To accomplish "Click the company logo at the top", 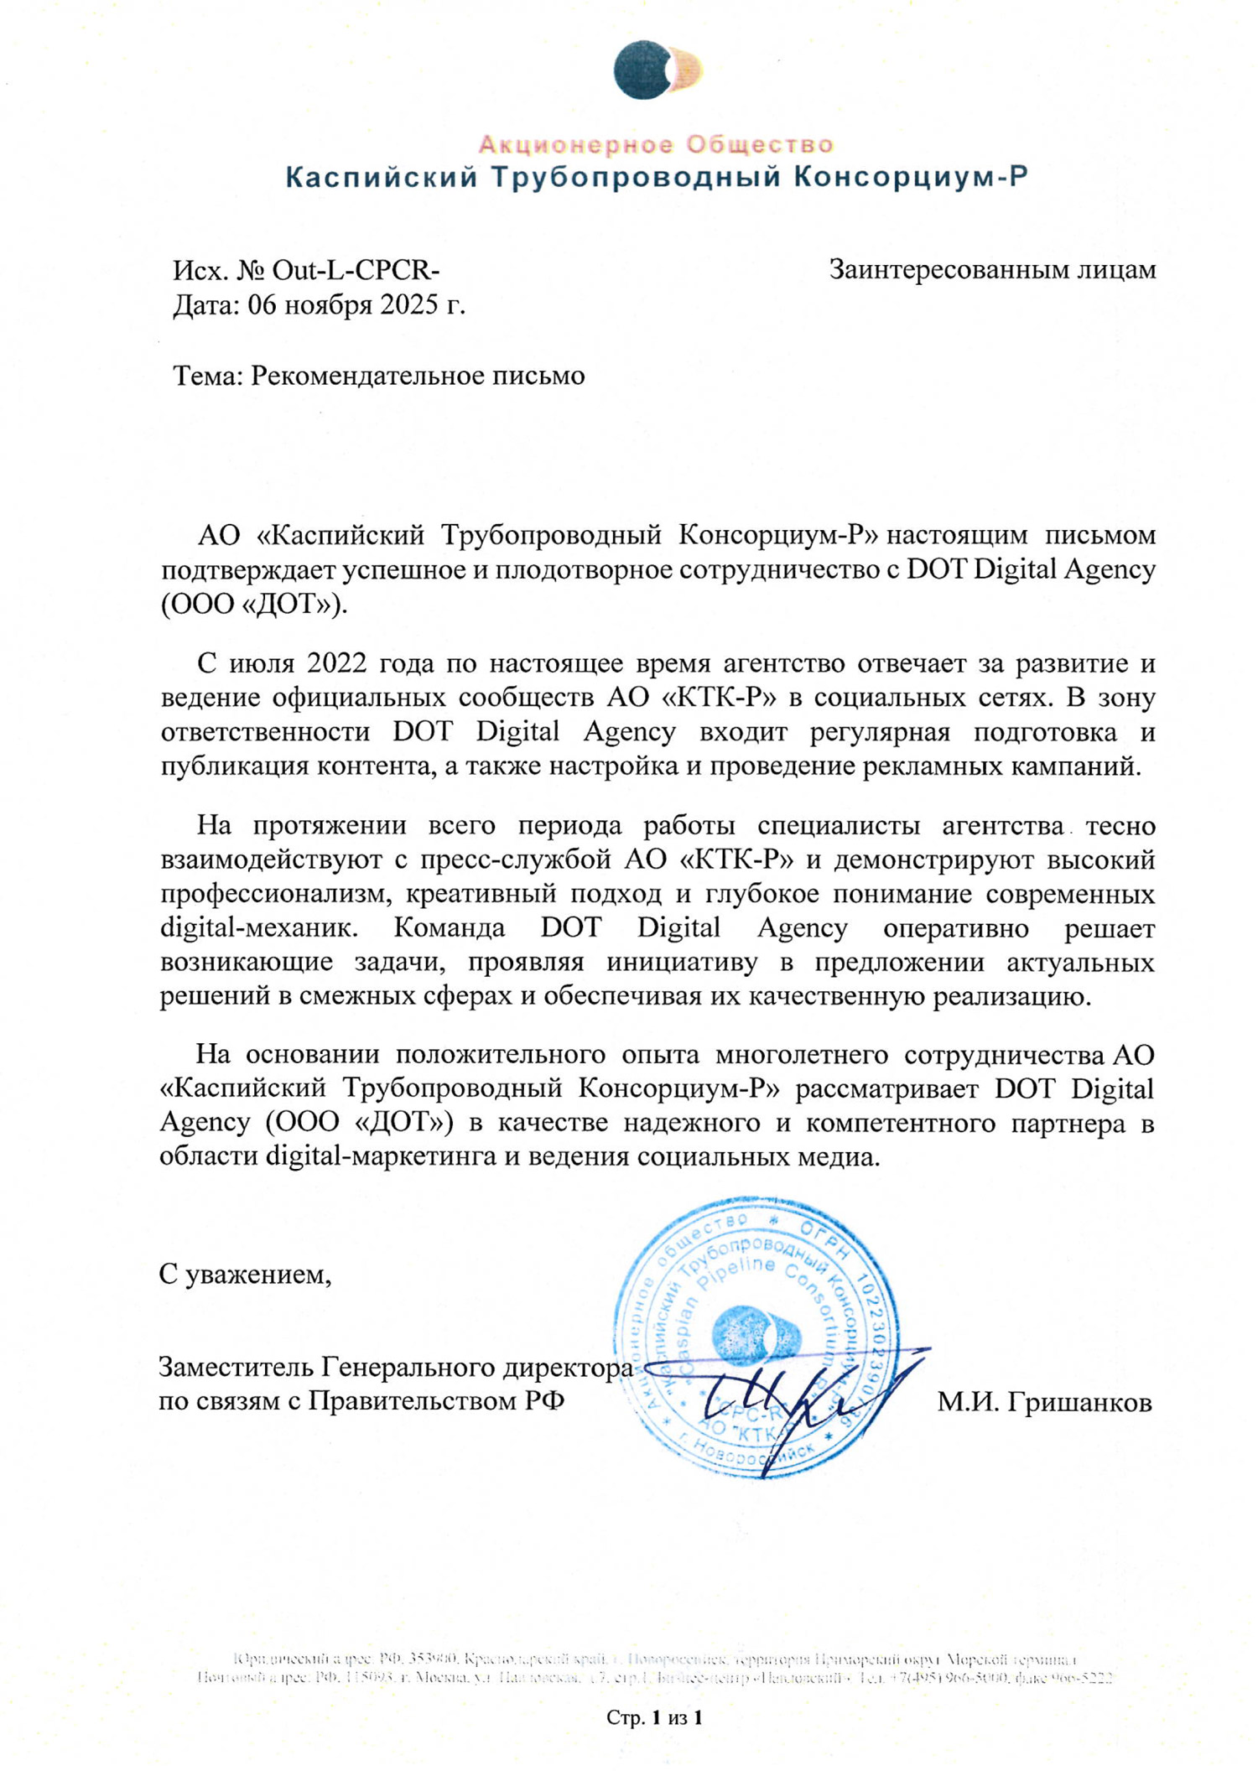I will tap(656, 70).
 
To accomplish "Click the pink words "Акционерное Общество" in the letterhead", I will tap(656, 145).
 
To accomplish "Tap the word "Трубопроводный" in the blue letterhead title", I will tap(635, 178).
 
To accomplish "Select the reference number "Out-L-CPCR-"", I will tap(356, 270).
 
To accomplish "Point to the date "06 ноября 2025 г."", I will tap(356, 304).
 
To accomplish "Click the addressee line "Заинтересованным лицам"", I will tap(992, 269).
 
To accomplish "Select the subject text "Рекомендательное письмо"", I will tap(418, 375).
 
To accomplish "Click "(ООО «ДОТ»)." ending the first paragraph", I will tap(253, 604).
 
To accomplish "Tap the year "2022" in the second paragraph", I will tap(336, 662).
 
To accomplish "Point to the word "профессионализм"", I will tap(276, 894).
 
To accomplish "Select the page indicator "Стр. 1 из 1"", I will tap(654, 1717).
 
